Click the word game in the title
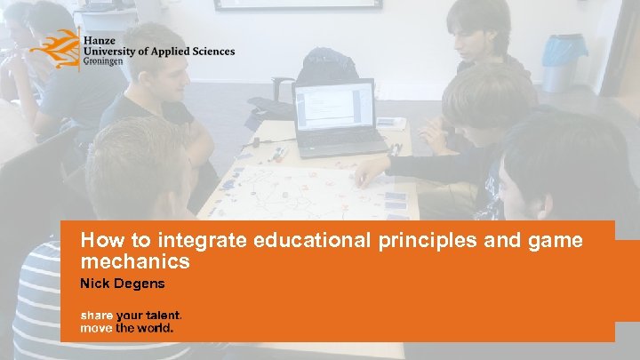pos(560,240)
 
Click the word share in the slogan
pos(96,315)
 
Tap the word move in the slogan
pos(96,327)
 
